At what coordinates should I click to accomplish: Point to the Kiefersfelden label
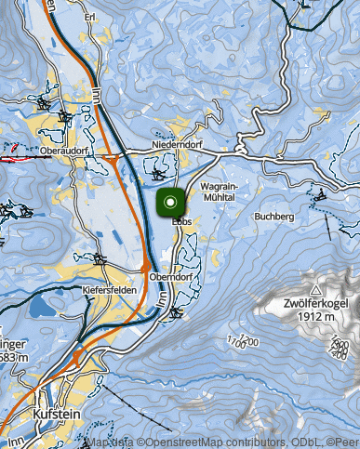[111, 290]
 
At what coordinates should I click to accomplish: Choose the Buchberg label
[273, 216]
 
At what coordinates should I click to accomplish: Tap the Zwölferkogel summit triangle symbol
[316, 291]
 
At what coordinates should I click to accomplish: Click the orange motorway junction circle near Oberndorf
[146, 266]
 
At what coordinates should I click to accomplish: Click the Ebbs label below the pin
[180, 220]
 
